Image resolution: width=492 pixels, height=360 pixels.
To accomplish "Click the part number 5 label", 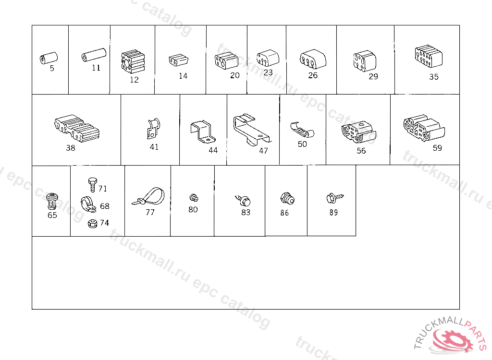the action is coord(52,68).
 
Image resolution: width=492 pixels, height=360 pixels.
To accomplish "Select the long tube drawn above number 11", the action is coord(94,55).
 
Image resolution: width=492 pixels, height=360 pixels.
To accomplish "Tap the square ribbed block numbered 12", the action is coord(133,61).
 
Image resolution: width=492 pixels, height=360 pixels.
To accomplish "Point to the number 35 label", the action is coord(434,77).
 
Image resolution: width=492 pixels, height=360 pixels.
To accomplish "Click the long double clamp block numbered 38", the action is coord(77,129).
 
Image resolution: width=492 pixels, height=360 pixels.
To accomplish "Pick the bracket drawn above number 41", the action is coord(153,128).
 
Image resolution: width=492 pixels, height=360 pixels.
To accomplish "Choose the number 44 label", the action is coord(213,151).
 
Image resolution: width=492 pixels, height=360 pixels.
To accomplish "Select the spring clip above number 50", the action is coord(302,130).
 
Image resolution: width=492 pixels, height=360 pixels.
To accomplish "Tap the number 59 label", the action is coord(437,148).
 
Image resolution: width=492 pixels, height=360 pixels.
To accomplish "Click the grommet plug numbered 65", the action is coord(52,201).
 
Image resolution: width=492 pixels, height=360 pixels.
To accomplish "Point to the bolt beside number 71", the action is coord(93,185).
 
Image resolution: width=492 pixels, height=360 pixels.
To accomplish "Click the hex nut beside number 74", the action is coord(92,224).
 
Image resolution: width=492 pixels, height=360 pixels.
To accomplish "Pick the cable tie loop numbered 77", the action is coord(148,197).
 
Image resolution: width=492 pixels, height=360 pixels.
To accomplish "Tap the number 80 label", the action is coord(193,209).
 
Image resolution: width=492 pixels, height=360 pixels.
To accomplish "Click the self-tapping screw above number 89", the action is coord(335,198).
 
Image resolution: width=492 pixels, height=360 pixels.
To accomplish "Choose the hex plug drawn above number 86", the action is coord(287,199).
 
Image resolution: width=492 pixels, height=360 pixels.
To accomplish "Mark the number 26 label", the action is coord(313,75).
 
